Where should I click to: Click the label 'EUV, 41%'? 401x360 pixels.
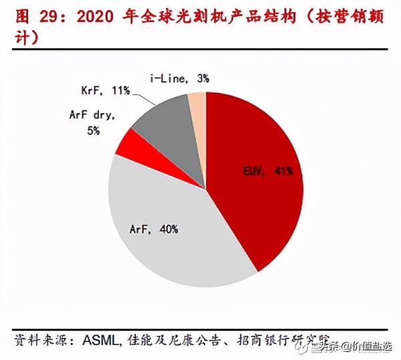point(267,172)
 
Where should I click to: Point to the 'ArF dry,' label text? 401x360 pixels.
point(92,115)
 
